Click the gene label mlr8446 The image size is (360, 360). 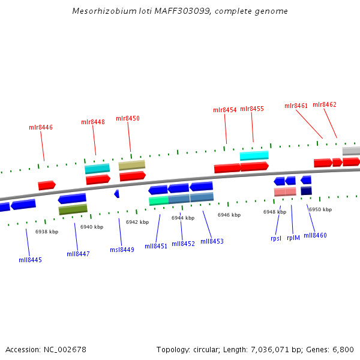41,127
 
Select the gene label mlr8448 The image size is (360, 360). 93,122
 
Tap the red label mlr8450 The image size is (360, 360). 127,118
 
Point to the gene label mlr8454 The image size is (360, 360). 225,110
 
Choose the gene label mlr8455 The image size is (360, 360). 252,109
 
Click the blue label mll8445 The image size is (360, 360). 30,260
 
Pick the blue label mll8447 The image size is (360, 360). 78,254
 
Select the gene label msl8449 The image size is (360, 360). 122,250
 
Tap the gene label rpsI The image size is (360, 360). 276,238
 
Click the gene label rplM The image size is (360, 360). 293,238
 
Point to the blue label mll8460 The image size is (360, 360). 315,235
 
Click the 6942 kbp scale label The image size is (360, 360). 137,222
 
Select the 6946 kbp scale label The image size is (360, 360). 229,215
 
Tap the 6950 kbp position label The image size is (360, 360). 320,209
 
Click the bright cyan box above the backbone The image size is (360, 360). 254,156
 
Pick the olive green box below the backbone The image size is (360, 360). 73,209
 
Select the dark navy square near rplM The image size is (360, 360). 306,191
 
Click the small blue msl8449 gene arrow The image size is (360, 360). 116,194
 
